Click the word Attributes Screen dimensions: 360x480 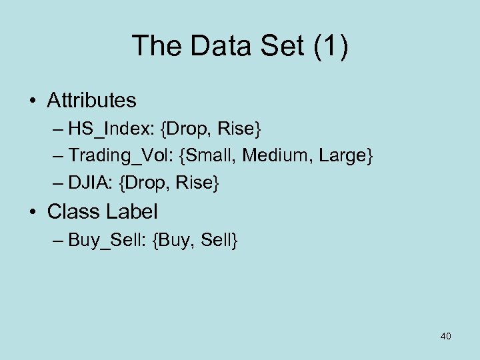(x=91, y=101)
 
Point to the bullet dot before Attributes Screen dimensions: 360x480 (x=33, y=101)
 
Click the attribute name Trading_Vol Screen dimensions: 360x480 (x=125, y=155)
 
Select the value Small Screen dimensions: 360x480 (x=213, y=155)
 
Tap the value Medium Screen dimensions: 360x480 (x=274, y=155)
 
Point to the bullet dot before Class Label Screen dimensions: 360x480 (x=33, y=213)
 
